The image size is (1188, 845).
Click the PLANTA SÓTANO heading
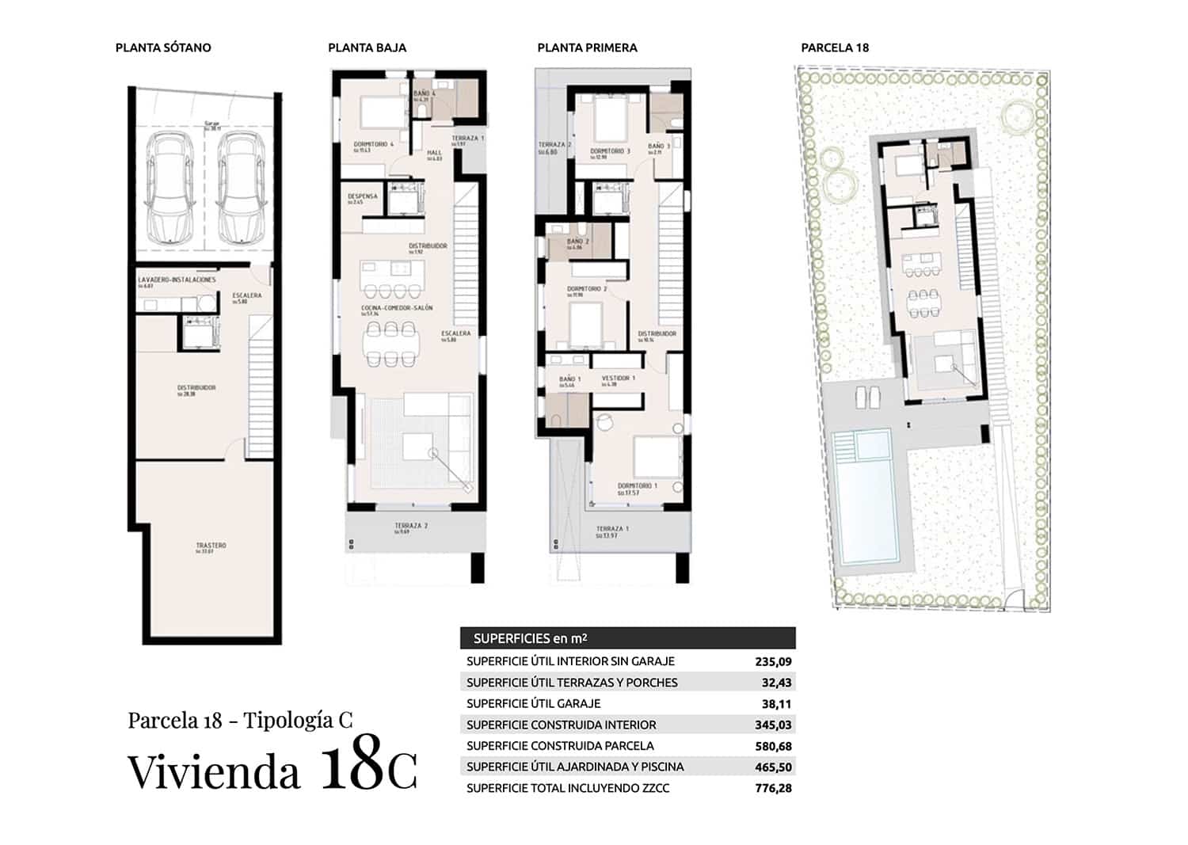[163, 48]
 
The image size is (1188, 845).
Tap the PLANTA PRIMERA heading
[587, 48]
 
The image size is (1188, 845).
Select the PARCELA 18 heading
[835, 48]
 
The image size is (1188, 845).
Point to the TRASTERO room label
[211, 546]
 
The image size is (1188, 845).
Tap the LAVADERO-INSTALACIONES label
[177, 280]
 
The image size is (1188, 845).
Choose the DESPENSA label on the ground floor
[363, 196]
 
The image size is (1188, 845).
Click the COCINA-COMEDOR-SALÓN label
[397, 308]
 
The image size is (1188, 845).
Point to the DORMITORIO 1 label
[638, 486]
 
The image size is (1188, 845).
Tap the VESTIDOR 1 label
[618, 379]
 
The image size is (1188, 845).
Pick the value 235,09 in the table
[773, 662]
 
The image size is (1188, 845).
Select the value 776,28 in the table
[773, 789]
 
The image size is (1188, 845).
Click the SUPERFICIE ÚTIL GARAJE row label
[533, 704]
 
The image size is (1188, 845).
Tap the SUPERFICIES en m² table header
[530, 639]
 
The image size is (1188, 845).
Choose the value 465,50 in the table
[773, 767]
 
